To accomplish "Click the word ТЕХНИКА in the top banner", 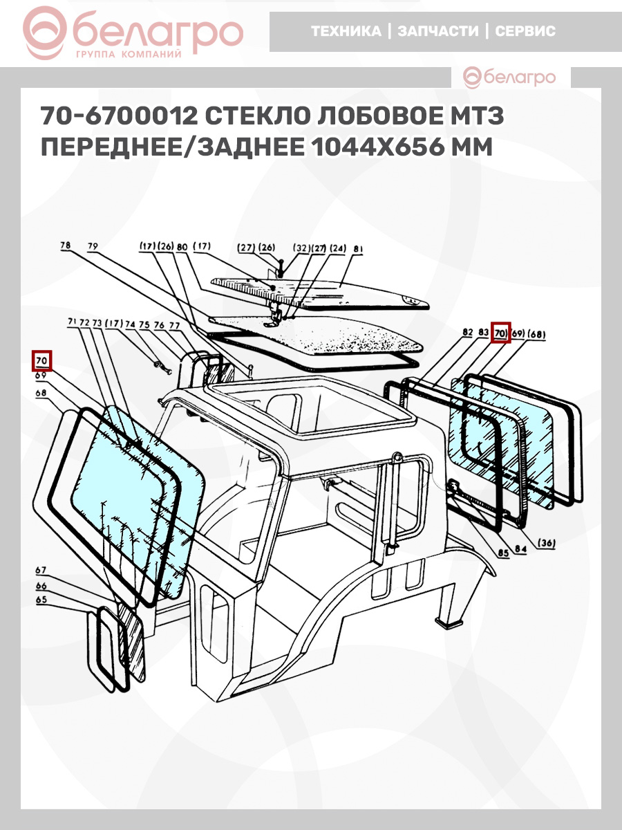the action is coord(346,31).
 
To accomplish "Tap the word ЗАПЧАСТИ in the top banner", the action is coord(437,31).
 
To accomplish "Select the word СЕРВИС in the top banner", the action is coord(525,31).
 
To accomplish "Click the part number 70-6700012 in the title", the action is coord(119,116).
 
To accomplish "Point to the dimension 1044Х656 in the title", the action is coord(379,147).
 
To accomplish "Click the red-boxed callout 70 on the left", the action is coord(41,361).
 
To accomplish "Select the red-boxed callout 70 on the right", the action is coord(500,333).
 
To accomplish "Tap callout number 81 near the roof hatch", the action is coord(359,249).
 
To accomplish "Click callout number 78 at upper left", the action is coord(66,246).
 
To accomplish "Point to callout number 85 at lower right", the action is coord(503,553).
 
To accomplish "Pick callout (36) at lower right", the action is coord(546,543).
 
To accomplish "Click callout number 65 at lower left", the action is coord(41,600).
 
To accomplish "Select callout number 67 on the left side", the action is coord(41,570).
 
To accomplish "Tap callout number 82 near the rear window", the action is coord(468,332).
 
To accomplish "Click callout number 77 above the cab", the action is coord(174,326).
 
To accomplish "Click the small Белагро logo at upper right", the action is coord(509,77).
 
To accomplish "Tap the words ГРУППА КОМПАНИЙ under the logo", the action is coord(129,55).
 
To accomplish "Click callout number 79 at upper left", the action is coord(93,246).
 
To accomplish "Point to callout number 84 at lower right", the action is coord(520,548).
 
